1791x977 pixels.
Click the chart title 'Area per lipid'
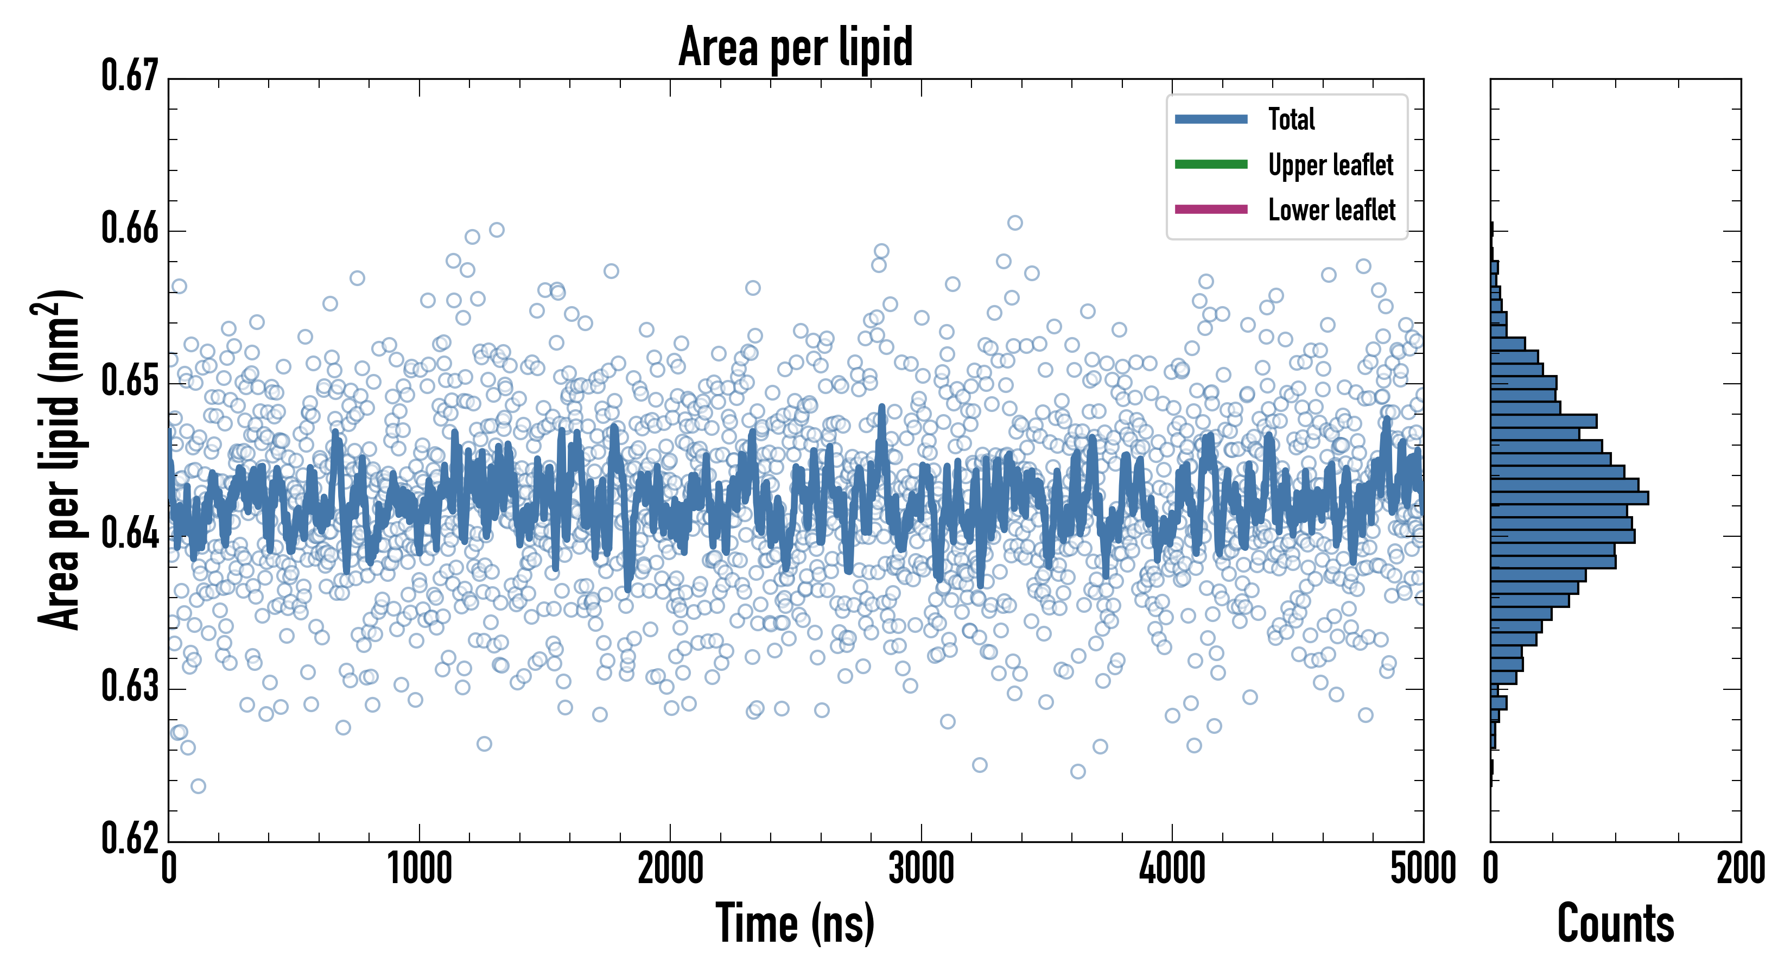[x=796, y=47]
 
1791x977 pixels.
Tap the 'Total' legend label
[x=1291, y=119]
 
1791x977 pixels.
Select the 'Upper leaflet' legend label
[x=1330, y=166]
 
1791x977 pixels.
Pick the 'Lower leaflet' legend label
[x=1331, y=210]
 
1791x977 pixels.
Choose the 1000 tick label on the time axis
[x=419, y=869]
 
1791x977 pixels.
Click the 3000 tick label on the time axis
[x=921, y=869]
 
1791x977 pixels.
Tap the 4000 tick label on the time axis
[x=1172, y=869]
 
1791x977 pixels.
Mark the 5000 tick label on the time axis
[x=1422, y=869]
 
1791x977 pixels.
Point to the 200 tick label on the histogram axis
[x=1740, y=869]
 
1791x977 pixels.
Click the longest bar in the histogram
[x=1568, y=498]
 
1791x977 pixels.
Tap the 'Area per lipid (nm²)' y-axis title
[x=59, y=459]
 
